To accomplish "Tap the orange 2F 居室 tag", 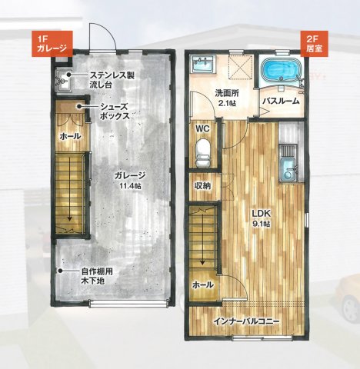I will pos(312,42).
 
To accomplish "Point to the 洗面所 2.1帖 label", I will pos(228,98).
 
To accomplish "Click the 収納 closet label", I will pos(203,185).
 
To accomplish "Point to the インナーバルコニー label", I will pos(247,321).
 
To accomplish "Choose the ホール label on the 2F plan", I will pos(202,284).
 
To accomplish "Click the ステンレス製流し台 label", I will pos(112,80).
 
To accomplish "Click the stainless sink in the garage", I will pos(63,78).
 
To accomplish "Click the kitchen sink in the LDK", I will pos(288,167).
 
